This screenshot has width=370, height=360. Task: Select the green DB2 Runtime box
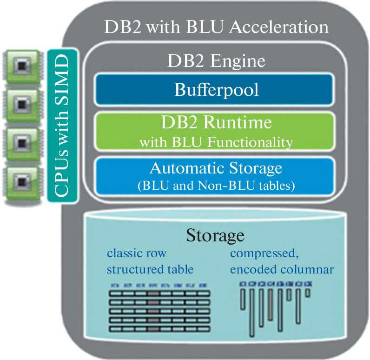click(x=216, y=131)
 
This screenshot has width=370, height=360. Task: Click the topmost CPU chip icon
click(x=21, y=68)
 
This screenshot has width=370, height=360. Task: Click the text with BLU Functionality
click(x=216, y=142)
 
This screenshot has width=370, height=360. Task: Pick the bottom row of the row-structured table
click(x=159, y=329)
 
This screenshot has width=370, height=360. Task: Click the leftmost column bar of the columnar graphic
click(x=242, y=300)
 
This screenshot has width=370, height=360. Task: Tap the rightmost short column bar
click(x=308, y=292)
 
